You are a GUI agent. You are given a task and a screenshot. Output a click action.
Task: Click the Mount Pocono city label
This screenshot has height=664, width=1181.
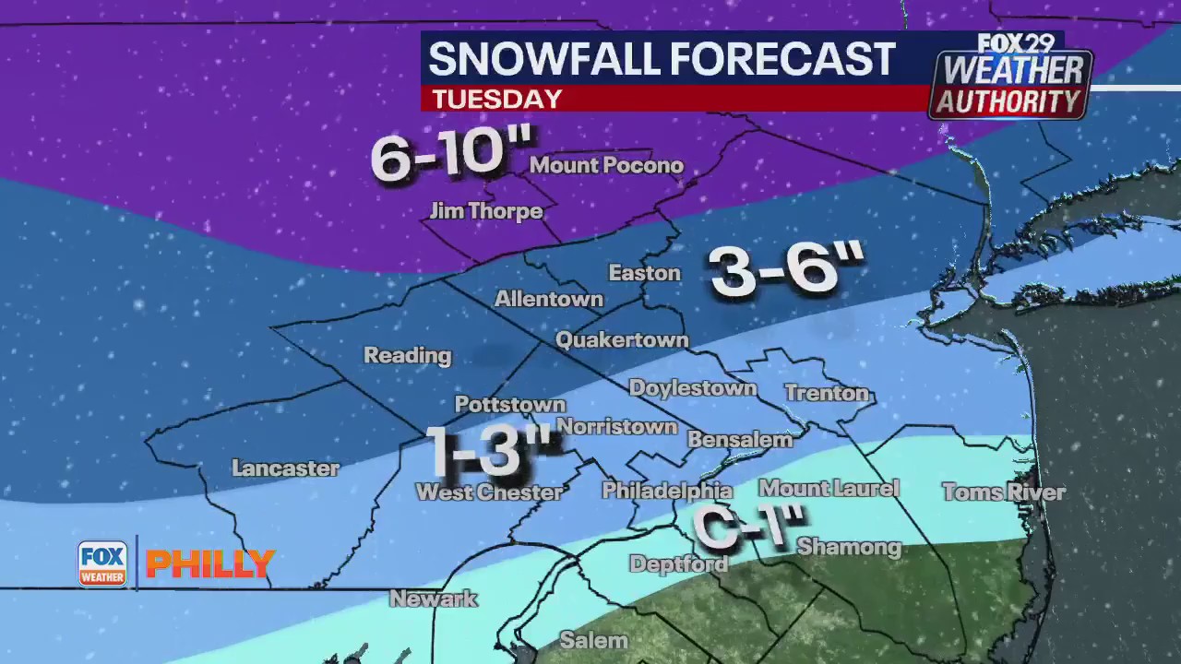point(606,166)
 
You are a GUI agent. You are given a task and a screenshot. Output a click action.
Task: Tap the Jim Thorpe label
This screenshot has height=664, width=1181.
point(486,211)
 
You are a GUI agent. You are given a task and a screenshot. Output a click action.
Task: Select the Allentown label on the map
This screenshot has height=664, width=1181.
point(549,299)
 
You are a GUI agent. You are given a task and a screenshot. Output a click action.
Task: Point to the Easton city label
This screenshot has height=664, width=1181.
point(644,273)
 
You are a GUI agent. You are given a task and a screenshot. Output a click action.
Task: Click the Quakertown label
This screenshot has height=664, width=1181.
point(622,340)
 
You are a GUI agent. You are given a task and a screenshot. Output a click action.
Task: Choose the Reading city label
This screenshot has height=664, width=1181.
point(407,355)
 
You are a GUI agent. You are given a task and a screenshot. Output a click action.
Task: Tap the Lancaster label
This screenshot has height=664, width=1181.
point(285,468)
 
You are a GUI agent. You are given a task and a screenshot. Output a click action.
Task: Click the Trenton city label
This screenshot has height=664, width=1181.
point(827,394)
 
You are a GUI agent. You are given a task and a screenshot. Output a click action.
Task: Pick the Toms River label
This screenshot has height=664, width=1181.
point(1003,492)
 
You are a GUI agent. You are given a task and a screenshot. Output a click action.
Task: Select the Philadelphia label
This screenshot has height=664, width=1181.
point(666,491)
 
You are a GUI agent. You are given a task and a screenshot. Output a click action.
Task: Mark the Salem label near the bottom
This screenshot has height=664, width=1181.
point(593,640)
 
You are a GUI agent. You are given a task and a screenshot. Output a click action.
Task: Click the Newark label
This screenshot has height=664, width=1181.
point(433,599)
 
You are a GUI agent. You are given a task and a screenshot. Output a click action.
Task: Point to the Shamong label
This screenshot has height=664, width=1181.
point(849,547)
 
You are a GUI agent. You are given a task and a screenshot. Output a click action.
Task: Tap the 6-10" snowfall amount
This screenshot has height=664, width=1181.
point(452,155)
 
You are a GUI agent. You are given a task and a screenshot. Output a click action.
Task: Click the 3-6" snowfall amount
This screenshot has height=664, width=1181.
point(787,269)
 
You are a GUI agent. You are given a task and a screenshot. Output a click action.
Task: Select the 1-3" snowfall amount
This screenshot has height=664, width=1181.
point(491,450)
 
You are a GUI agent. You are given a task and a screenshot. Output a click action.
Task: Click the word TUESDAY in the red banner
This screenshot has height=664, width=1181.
point(496,99)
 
